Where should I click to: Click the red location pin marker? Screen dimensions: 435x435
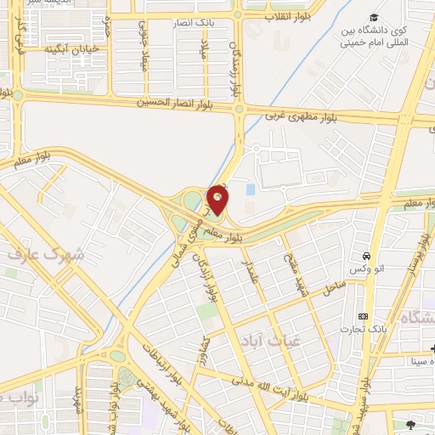(218, 198)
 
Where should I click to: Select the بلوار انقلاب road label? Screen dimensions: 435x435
(289, 16)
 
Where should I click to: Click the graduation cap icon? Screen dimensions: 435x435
(374, 19)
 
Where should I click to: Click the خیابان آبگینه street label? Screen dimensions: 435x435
(77, 49)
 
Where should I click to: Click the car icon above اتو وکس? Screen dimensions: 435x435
(365, 256)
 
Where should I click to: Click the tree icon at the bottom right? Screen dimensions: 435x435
(411, 423)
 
